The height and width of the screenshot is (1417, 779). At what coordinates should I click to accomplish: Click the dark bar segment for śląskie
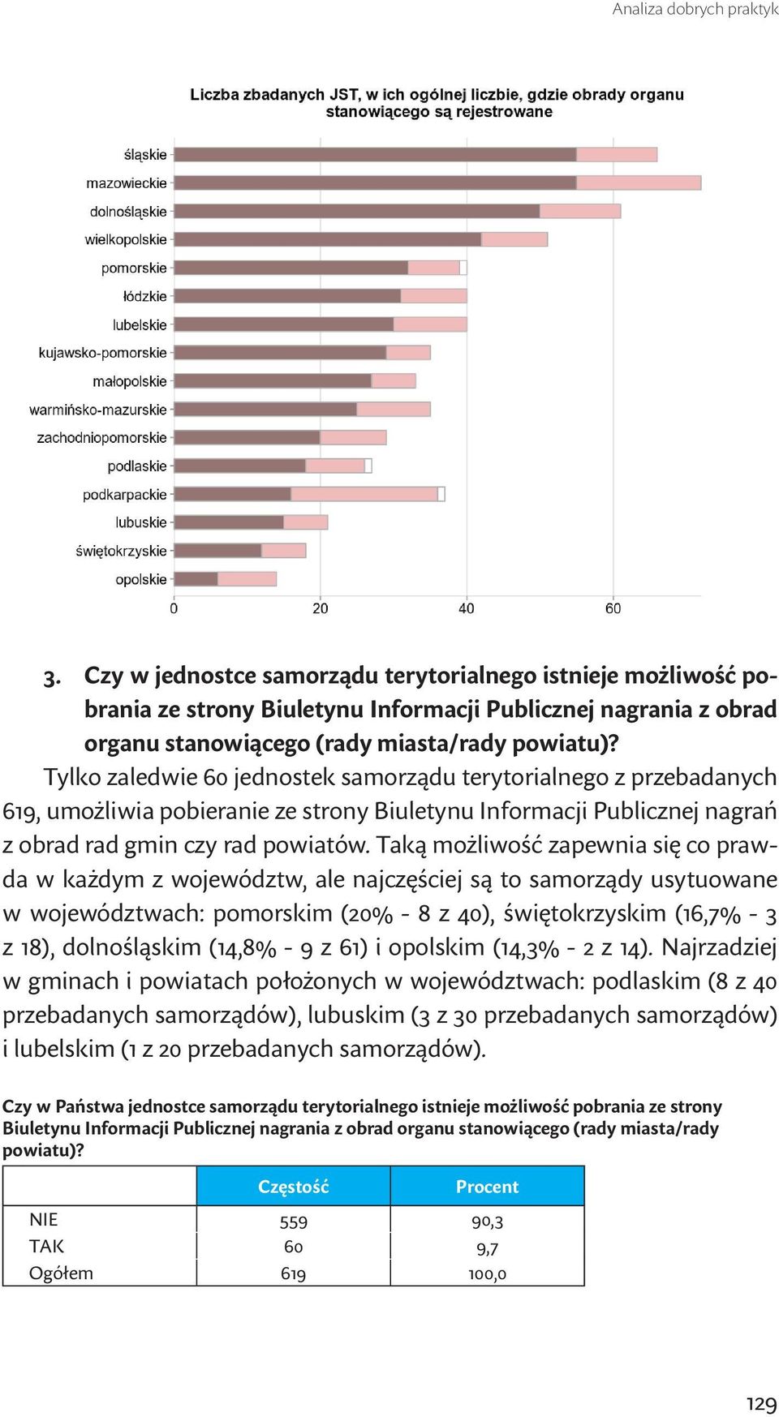tap(376, 154)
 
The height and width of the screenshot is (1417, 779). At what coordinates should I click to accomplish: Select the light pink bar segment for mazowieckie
tap(639, 183)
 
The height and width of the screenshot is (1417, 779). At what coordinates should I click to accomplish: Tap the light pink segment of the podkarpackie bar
tap(364, 494)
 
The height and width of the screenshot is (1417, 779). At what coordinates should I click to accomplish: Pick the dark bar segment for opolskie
tap(196, 579)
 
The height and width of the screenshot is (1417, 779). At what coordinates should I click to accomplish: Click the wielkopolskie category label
tap(126, 240)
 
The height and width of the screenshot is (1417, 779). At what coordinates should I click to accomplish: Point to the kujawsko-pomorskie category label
tap(102, 353)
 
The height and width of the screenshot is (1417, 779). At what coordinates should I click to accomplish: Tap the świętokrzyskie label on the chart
tap(121, 552)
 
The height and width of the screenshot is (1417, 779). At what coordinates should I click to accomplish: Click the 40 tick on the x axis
tap(467, 608)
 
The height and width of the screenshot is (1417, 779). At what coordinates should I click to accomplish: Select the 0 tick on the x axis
tap(174, 608)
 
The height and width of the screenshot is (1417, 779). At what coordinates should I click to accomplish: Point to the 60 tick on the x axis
tap(613, 608)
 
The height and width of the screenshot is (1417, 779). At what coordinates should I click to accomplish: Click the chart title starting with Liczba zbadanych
tap(437, 103)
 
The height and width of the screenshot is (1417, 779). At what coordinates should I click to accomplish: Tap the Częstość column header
tap(294, 1187)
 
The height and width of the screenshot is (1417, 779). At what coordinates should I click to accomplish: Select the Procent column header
tap(487, 1187)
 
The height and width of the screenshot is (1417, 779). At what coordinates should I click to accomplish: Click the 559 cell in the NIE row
tap(294, 1222)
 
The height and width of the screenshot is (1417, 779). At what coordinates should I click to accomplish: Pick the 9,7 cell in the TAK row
tap(488, 1248)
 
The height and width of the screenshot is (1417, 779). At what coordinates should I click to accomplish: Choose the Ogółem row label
tap(61, 1273)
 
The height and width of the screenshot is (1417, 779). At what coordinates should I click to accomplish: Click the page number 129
tap(762, 1404)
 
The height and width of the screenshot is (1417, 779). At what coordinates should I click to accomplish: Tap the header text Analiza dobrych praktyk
tap(695, 10)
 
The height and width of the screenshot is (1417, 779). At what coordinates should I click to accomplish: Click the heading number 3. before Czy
tap(53, 677)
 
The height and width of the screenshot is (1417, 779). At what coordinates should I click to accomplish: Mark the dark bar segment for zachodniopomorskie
tap(247, 437)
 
